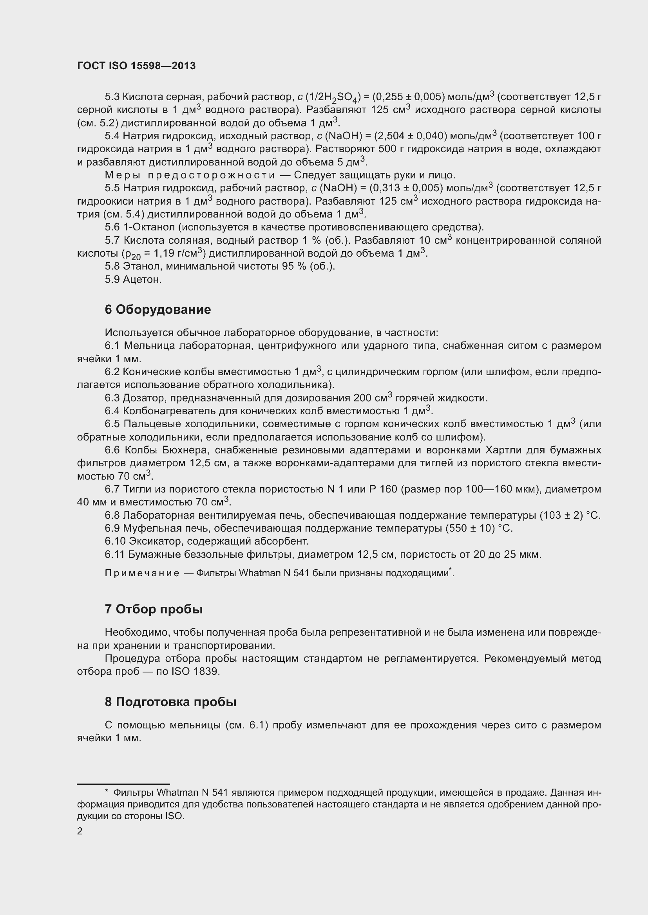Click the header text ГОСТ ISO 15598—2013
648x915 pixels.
click(136, 66)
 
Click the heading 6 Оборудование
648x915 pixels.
click(157, 310)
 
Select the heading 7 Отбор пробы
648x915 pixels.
click(154, 609)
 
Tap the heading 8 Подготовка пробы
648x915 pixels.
click(170, 702)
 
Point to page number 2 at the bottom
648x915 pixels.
click(80, 831)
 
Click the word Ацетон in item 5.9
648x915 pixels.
click(142, 279)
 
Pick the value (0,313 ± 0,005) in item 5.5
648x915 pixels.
click(404, 188)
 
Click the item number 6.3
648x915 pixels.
click(112, 398)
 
